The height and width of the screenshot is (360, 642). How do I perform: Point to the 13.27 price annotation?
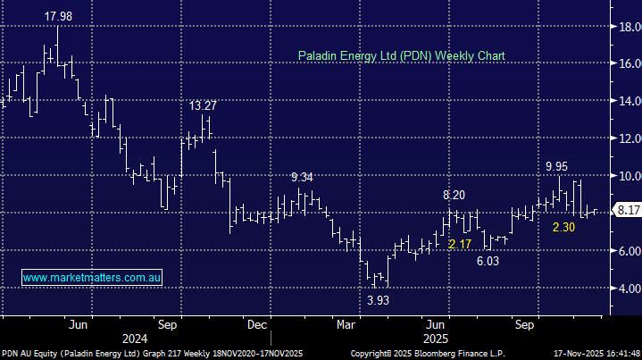point(203,105)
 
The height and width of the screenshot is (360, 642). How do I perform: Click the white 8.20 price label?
point(454,196)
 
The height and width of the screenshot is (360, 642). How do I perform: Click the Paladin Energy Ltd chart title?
point(401,55)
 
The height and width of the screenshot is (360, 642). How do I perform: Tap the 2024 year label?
point(136,339)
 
